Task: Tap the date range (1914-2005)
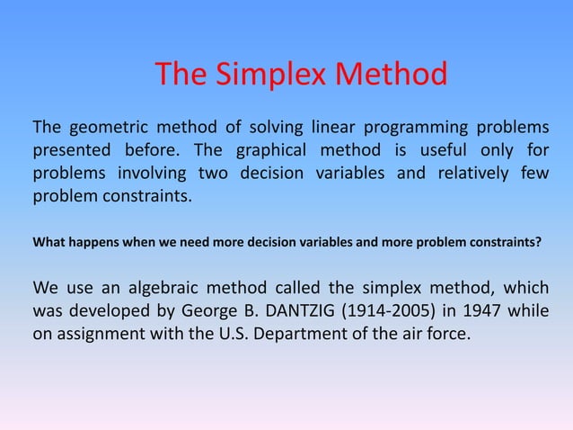pyautogui.click(x=407, y=312)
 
